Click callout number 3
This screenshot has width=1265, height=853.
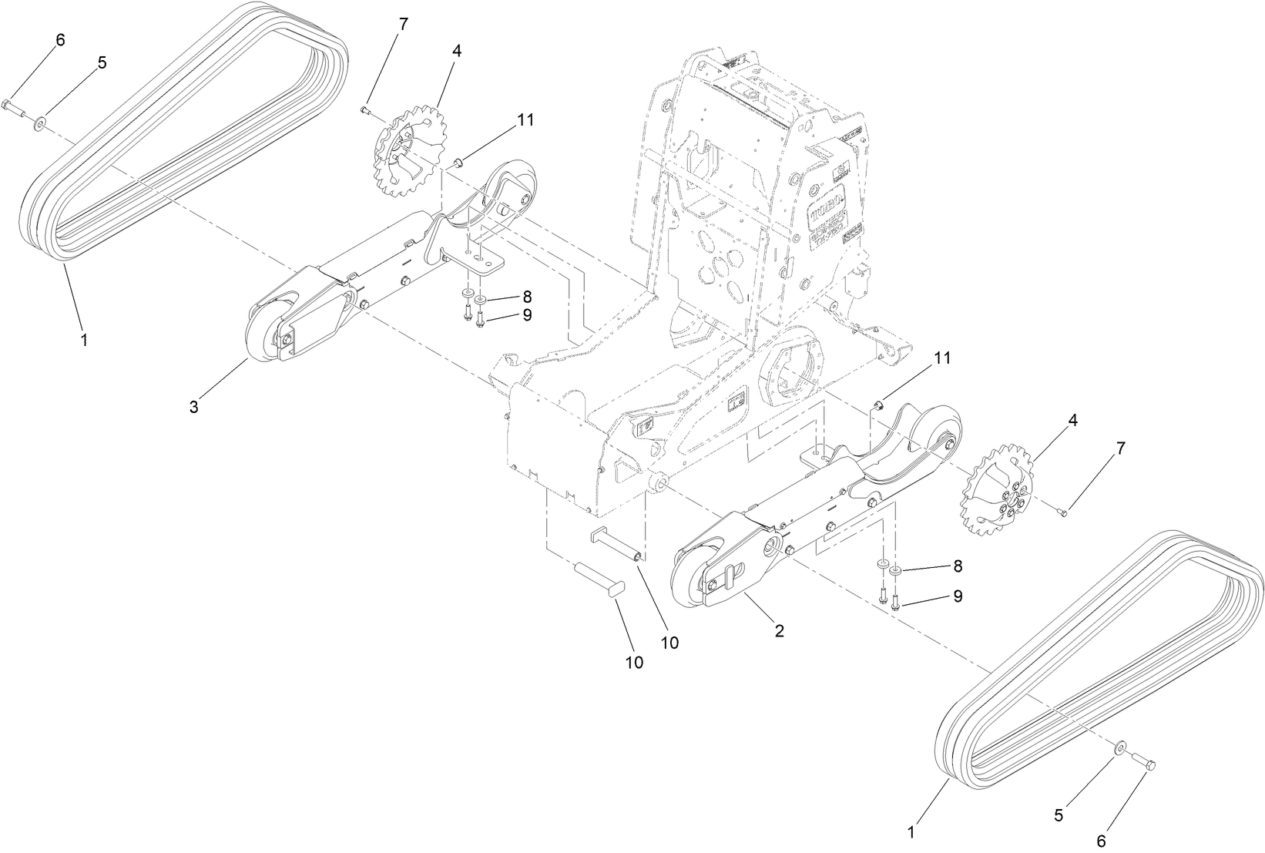click(194, 407)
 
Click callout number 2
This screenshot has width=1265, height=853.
click(779, 630)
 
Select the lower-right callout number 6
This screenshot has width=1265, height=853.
click(1101, 839)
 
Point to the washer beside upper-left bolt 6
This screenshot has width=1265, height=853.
click(39, 120)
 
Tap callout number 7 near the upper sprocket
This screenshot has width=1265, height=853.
click(402, 23)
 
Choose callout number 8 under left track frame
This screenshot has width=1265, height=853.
click(527, 297)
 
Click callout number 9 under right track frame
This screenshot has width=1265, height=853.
click(958, 596)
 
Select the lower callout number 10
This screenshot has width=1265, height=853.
click(633, 663)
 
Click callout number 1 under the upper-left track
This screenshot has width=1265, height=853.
click(84, 339)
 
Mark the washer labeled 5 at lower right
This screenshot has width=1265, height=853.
click(1119, 745)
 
